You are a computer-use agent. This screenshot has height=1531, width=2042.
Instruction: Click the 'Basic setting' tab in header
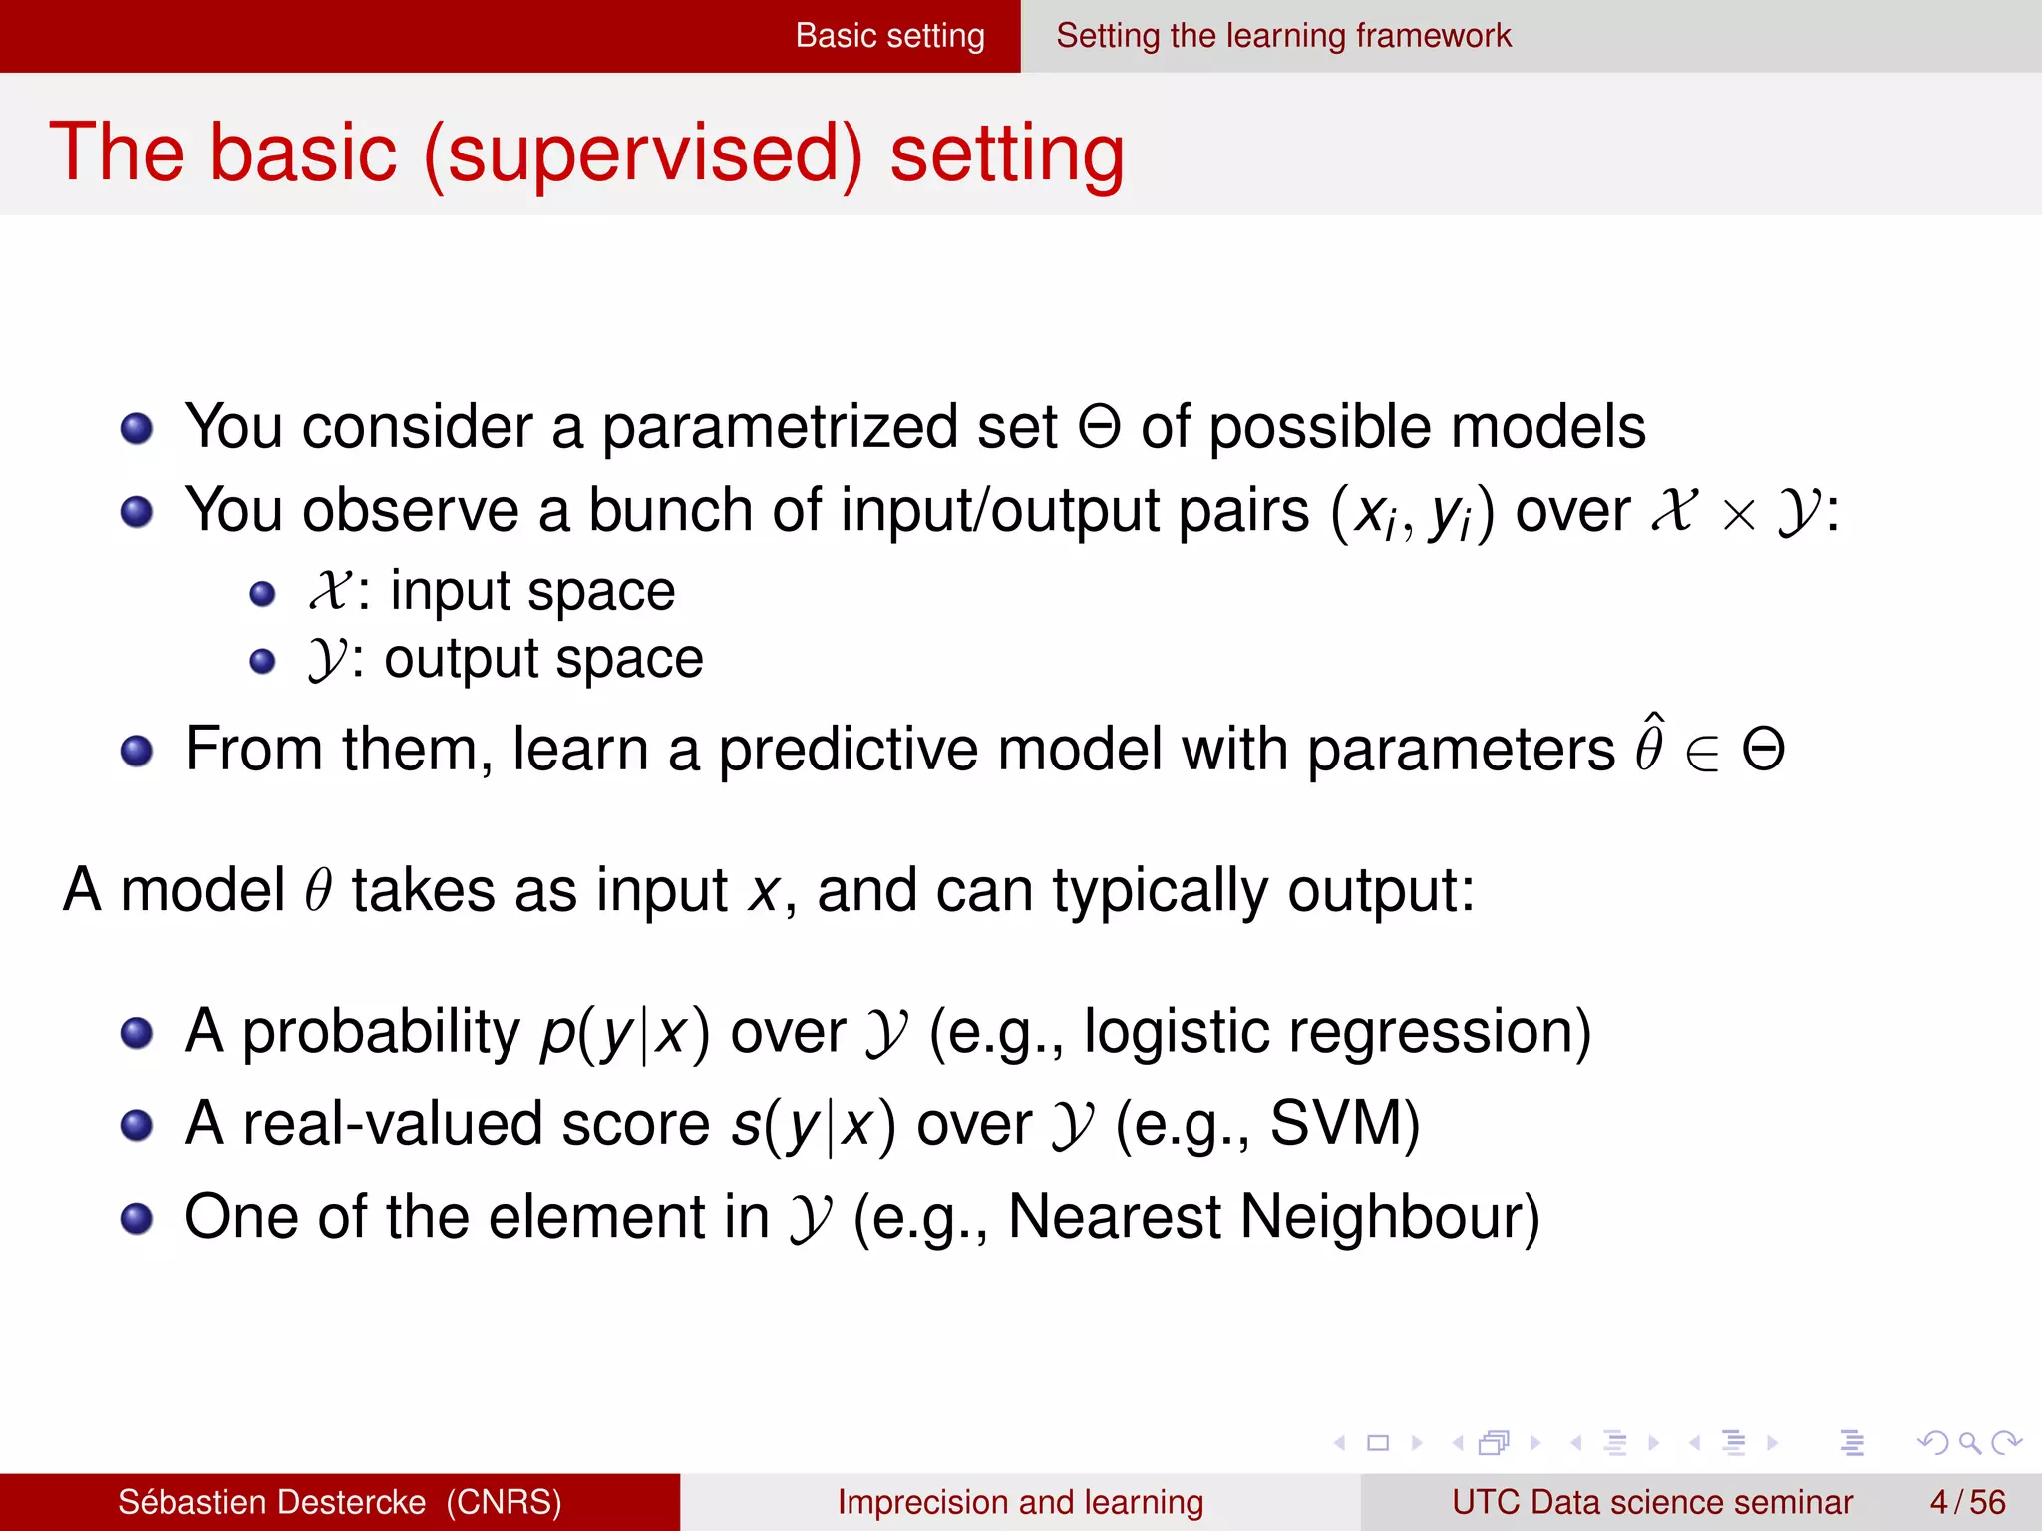[889, 36]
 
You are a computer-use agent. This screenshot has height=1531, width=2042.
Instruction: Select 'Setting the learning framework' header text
[1283, 36]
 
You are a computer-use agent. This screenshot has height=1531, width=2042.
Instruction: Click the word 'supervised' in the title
[643, 153]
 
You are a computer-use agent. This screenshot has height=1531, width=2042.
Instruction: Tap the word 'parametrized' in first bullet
[779, 427]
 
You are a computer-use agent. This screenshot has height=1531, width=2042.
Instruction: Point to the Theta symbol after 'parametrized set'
[1099, 427]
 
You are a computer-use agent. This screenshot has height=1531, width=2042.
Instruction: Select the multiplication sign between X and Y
[1738, 516]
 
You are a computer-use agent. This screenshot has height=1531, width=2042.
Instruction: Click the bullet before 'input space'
[262, 595]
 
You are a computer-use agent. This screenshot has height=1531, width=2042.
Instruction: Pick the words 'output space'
[543, 659]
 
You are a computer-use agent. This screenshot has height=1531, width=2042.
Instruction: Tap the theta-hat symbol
[1649, 746]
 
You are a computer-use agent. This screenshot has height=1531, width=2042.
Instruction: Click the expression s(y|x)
[813, 1125]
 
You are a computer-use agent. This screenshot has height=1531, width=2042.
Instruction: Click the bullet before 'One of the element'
[137, 1219]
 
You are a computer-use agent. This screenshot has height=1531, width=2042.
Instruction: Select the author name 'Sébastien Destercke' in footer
[271, 1502]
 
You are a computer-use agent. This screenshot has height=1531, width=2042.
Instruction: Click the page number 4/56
[1967, 1502]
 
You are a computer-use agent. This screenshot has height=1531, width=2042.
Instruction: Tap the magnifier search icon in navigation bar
[1969, 1442]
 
